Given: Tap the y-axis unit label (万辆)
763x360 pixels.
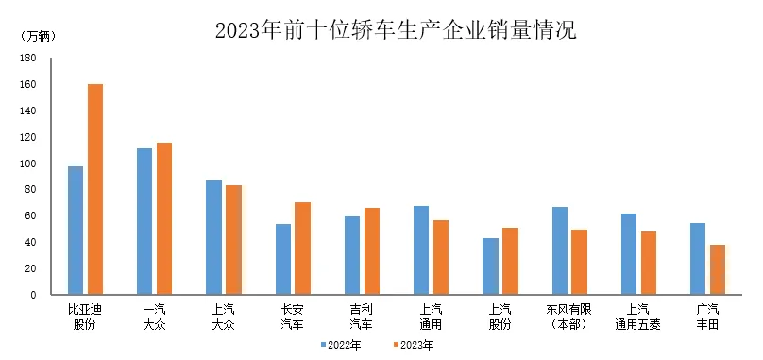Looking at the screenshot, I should [x=39, y=36].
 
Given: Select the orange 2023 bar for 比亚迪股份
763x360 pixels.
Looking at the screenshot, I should [x=95, y=189].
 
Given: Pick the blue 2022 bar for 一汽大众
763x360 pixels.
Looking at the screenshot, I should [x=144, y=221].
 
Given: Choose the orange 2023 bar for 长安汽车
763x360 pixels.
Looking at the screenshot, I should [x=302, y=248].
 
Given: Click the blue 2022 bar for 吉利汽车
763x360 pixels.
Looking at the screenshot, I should [x=351, y=255].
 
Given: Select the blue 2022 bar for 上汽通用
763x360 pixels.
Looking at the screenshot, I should [x=421, y=249].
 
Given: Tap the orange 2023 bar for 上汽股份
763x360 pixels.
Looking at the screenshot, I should [x=510, y=261].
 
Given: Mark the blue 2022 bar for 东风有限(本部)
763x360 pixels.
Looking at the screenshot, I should [x=560, y=250].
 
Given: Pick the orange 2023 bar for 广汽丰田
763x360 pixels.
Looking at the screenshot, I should [x=718, y=269].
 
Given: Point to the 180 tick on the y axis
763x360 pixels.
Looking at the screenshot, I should [x=28, y=58].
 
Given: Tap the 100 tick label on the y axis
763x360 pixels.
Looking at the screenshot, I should [x=28, y=163].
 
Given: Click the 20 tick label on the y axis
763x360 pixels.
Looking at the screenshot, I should [x=31, y=268].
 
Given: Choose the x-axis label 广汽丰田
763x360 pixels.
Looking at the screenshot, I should [x=707, y=316].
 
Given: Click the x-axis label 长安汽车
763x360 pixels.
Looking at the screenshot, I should [x=293, y=316].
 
